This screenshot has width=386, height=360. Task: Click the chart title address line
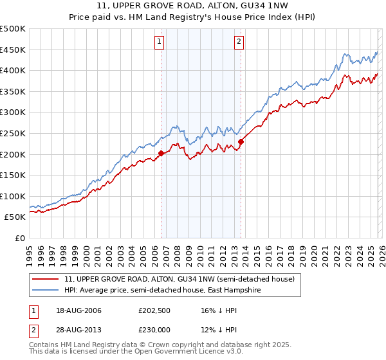tap(193, 7)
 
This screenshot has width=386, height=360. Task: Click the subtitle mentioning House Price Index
tap(193, 18)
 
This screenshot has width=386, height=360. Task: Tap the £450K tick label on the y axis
tap(13, 50)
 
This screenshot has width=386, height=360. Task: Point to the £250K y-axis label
tap(13, 133)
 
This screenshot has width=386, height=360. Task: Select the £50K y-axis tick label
tap(15, 217)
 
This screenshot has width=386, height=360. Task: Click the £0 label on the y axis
tap(21, 238)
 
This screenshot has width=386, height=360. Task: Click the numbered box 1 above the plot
tap(159, 42)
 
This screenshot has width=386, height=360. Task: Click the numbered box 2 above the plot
tap(239, 42)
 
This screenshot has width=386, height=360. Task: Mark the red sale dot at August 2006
tap(161, 153)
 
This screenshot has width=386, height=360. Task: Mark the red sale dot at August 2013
tap(241, 141)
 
